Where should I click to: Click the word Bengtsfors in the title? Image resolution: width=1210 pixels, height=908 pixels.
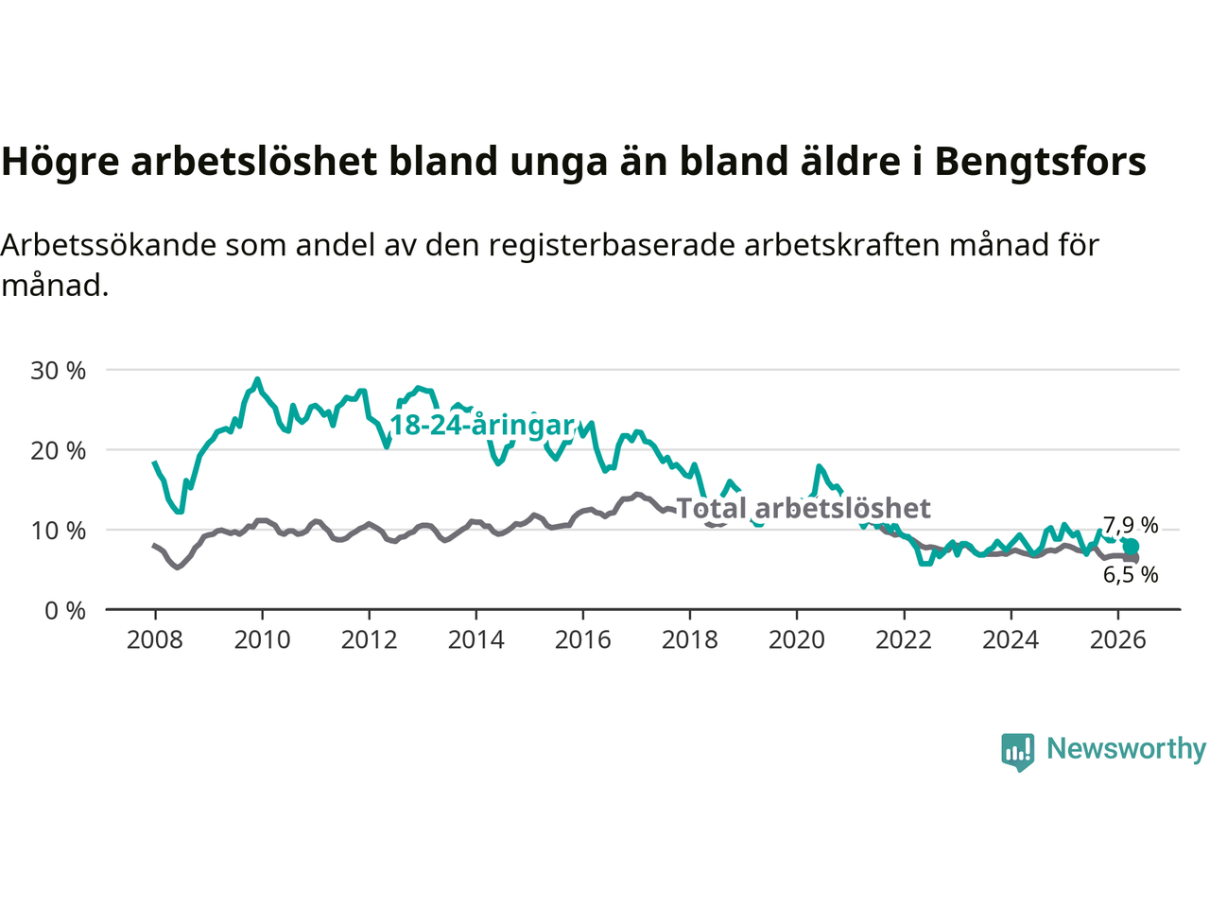1040,162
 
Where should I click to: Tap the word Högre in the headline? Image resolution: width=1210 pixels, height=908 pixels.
60,163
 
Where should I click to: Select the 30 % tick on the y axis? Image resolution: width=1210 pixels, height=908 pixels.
58,371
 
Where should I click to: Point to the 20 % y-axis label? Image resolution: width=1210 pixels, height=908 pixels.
58,451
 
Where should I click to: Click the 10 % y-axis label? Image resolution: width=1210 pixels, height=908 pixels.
58,531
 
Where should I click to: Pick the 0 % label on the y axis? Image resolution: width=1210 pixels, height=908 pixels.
65,611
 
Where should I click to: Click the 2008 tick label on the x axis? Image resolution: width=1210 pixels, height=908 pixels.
155,640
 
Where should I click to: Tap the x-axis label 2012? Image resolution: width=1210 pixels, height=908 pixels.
369,640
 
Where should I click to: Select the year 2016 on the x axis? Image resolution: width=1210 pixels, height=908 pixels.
582,640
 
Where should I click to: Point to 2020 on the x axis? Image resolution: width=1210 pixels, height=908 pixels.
797,640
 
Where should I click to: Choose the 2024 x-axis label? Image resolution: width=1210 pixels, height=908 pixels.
1011,640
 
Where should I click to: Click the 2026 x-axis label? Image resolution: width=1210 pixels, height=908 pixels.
1118,640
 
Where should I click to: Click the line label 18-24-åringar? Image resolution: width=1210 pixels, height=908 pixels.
482,426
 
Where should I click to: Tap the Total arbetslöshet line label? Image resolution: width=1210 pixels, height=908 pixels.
804,508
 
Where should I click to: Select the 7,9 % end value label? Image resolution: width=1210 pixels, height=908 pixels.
1131,525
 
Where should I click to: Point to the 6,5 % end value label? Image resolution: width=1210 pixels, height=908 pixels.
1131,575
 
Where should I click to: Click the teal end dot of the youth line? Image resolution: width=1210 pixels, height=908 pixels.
1131,547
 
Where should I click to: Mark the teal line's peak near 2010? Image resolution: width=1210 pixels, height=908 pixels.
257,379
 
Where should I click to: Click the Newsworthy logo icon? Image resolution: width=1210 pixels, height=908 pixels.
1017,752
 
